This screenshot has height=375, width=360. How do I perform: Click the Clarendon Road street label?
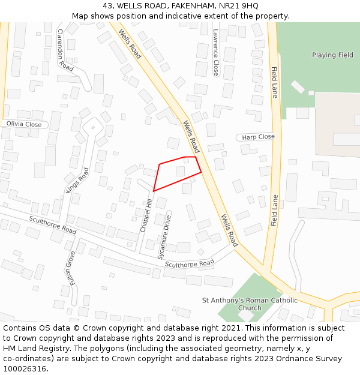click(x=65, y=50)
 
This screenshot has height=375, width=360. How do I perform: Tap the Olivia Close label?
click(x=24, y=124)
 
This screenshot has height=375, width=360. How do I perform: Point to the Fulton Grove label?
click(x=70, y=268)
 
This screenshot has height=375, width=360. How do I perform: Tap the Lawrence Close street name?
click(x=215, y=53)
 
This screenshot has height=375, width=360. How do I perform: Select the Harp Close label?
click(x=258, y=137)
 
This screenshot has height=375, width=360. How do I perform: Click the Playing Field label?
click(x=332, y=55)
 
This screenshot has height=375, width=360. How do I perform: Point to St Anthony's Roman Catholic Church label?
click(x=249, y=304)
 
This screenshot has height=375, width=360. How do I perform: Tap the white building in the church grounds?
click(x=246, y=315)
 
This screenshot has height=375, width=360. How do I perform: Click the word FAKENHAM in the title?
click(x=188, y=6)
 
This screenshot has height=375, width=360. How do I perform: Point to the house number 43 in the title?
click(x=106, y=6)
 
